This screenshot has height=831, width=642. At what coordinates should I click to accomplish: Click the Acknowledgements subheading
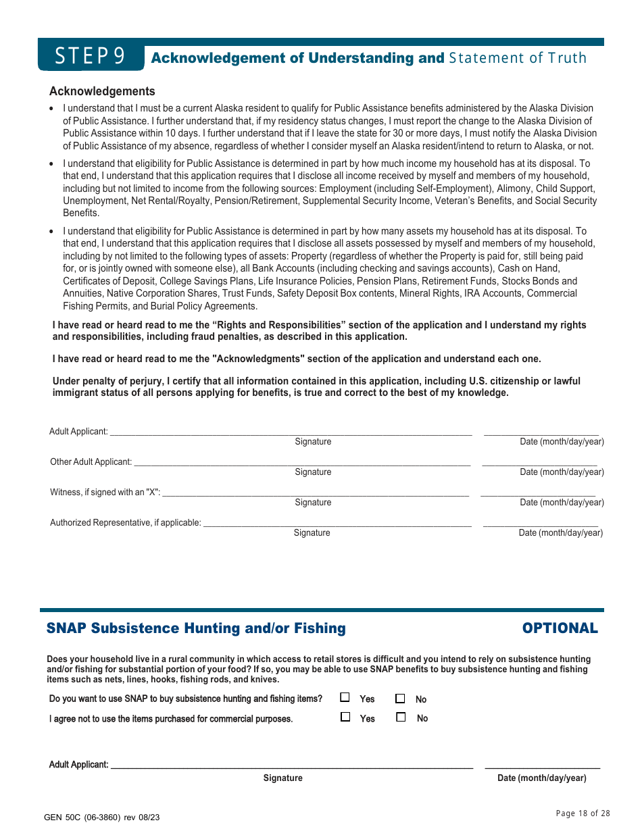102,91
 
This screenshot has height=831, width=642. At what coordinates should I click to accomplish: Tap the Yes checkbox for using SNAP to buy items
345,698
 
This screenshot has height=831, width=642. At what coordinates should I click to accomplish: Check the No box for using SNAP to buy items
400,699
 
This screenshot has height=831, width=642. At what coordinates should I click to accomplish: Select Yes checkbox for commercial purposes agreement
345,717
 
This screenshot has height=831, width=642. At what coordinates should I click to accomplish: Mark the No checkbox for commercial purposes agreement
401,717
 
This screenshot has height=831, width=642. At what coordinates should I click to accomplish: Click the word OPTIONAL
560,628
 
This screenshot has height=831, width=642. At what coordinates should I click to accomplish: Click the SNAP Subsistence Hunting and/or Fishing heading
196,628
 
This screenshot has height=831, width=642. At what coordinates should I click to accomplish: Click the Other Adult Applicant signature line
301,464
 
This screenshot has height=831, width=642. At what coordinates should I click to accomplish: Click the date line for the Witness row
538,495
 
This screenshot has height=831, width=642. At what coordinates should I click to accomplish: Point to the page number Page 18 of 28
583,813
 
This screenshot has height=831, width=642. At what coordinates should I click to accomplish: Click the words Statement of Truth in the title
518,58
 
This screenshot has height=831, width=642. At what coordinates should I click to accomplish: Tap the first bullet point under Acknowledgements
52,109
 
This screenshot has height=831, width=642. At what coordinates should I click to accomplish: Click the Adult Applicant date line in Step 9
541,434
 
